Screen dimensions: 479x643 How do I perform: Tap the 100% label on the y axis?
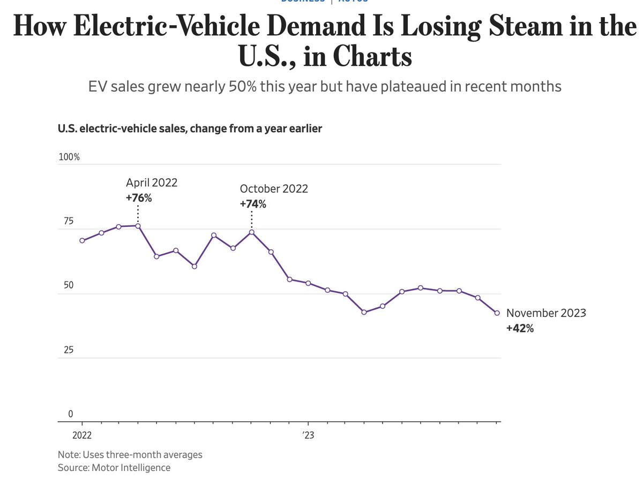pyautogui.click(x=69, y=157)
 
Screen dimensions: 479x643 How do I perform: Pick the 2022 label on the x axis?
pyautogui.click(x=82, y=435)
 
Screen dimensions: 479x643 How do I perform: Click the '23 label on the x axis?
pyautogui.click(x=308, y=435)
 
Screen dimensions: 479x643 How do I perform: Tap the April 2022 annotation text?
pyautogui.click(x=152, y=183)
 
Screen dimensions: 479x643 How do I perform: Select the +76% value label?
pyautogui.click(x=139, y=197)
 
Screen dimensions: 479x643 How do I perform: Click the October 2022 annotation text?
pyautogui.click(x=274, y=189)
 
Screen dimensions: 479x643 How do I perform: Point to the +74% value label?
pyautogui.click(x=253, y=204)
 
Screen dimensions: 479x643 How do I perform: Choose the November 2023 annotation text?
pyautogui.click(x=546, y=313)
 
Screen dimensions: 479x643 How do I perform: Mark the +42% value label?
pyautogui.click(x=520, y=329)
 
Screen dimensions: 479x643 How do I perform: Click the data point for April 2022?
pyautogui.click(x=138, y=226)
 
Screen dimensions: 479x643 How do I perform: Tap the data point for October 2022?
pyautogui.click(x=252, y=232)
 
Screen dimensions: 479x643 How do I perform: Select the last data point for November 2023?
pyautogui.click(x=497, y=313)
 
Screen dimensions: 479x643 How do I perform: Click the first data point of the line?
pyautogui.click(x=82, y=240)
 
